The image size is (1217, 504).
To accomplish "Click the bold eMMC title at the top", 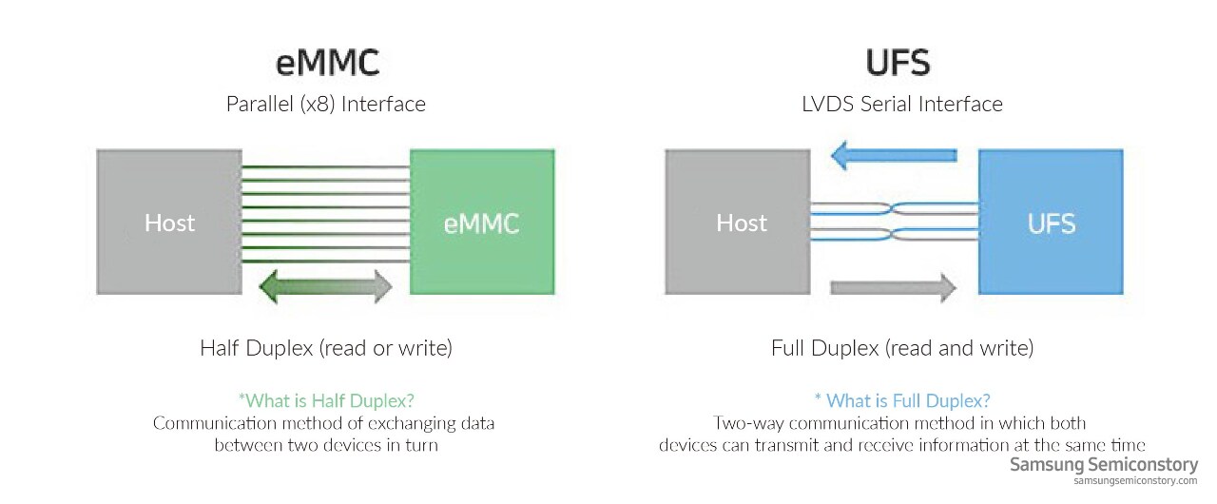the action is pos(327,63).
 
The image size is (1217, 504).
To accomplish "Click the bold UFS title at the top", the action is pos(898,63).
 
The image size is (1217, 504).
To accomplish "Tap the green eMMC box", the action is pos(482,223).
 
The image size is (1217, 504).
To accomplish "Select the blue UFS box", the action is pos(1051,223).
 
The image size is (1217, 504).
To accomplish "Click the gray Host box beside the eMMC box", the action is pos(169,223).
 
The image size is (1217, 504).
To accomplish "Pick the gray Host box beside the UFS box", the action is pos(738,223).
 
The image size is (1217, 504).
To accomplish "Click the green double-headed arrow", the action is pos(325,286).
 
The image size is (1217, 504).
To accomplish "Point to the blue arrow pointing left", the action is pos(894,155).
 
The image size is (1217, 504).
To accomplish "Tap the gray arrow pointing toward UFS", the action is pos(894,287).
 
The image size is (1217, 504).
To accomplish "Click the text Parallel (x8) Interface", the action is pos(326,104).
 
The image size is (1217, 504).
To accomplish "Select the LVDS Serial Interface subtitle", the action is pos(902,104).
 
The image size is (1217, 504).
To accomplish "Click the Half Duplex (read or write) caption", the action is pos(326,348).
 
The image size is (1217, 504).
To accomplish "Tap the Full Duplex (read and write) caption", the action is pos(902,348).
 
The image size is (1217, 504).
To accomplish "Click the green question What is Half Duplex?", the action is pos(326,400).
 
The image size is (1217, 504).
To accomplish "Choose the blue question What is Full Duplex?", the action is pos(902,400).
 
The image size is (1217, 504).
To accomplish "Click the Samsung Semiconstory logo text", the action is pos(1104,465).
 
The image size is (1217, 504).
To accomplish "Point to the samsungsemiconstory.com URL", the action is pos(1135,480).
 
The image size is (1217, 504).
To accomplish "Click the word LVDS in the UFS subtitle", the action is pos(827,104).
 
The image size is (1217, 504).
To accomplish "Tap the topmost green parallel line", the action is pos(326,166).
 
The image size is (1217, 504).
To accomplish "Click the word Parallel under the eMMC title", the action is pos(260,104).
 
